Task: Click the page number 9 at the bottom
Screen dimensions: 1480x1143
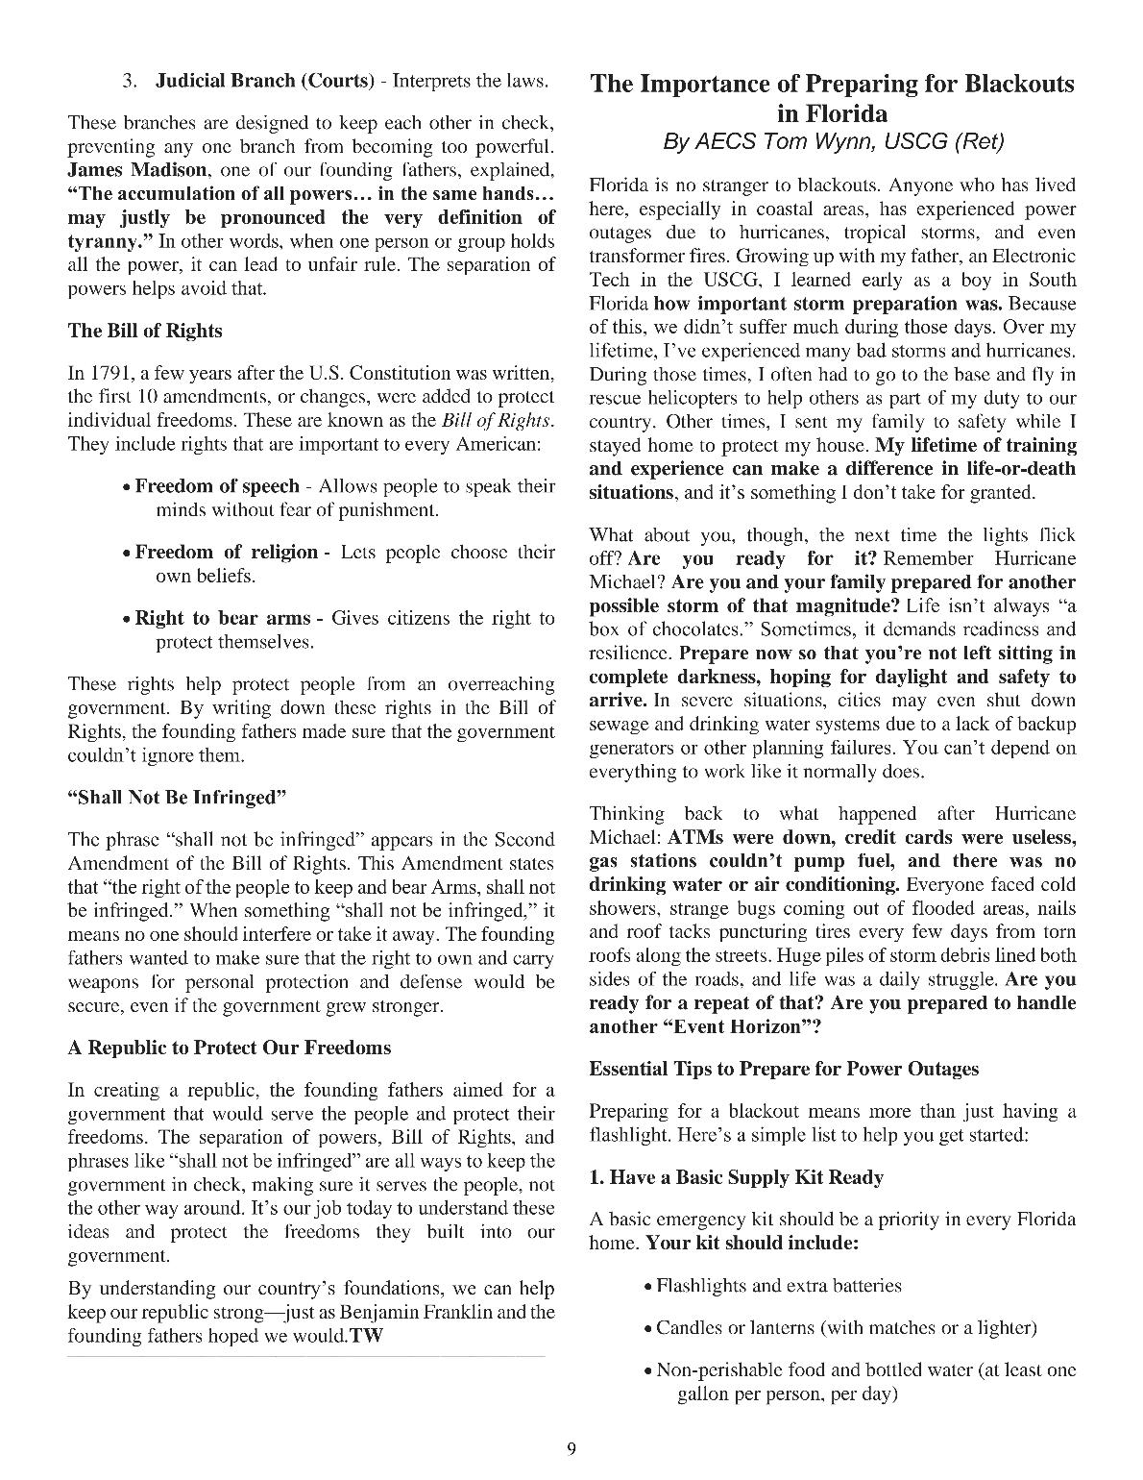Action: [x=571, y=1449]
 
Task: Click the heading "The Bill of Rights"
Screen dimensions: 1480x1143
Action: [x=144, y=331]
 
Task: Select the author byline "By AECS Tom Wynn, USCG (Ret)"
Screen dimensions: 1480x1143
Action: [x=833, y=142]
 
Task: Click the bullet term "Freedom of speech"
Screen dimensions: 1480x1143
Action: [x=216, y=486]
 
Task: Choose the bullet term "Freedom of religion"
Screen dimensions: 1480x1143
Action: [x=226, y=553]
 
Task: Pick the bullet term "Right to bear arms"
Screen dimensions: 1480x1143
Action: [x=222, y=618]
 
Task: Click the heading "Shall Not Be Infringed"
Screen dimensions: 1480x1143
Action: [x=178, y=797]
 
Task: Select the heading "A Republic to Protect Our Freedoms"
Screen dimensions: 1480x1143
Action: [x=229, y=1048]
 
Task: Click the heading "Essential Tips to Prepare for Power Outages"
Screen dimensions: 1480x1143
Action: [x=784, y=1069]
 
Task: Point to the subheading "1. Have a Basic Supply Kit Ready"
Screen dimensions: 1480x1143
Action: [x=736, y=1177]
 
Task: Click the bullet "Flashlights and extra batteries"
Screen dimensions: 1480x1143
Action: [x=778, y=1286]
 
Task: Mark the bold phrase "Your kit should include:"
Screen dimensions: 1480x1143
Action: [x=752, y=1243]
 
